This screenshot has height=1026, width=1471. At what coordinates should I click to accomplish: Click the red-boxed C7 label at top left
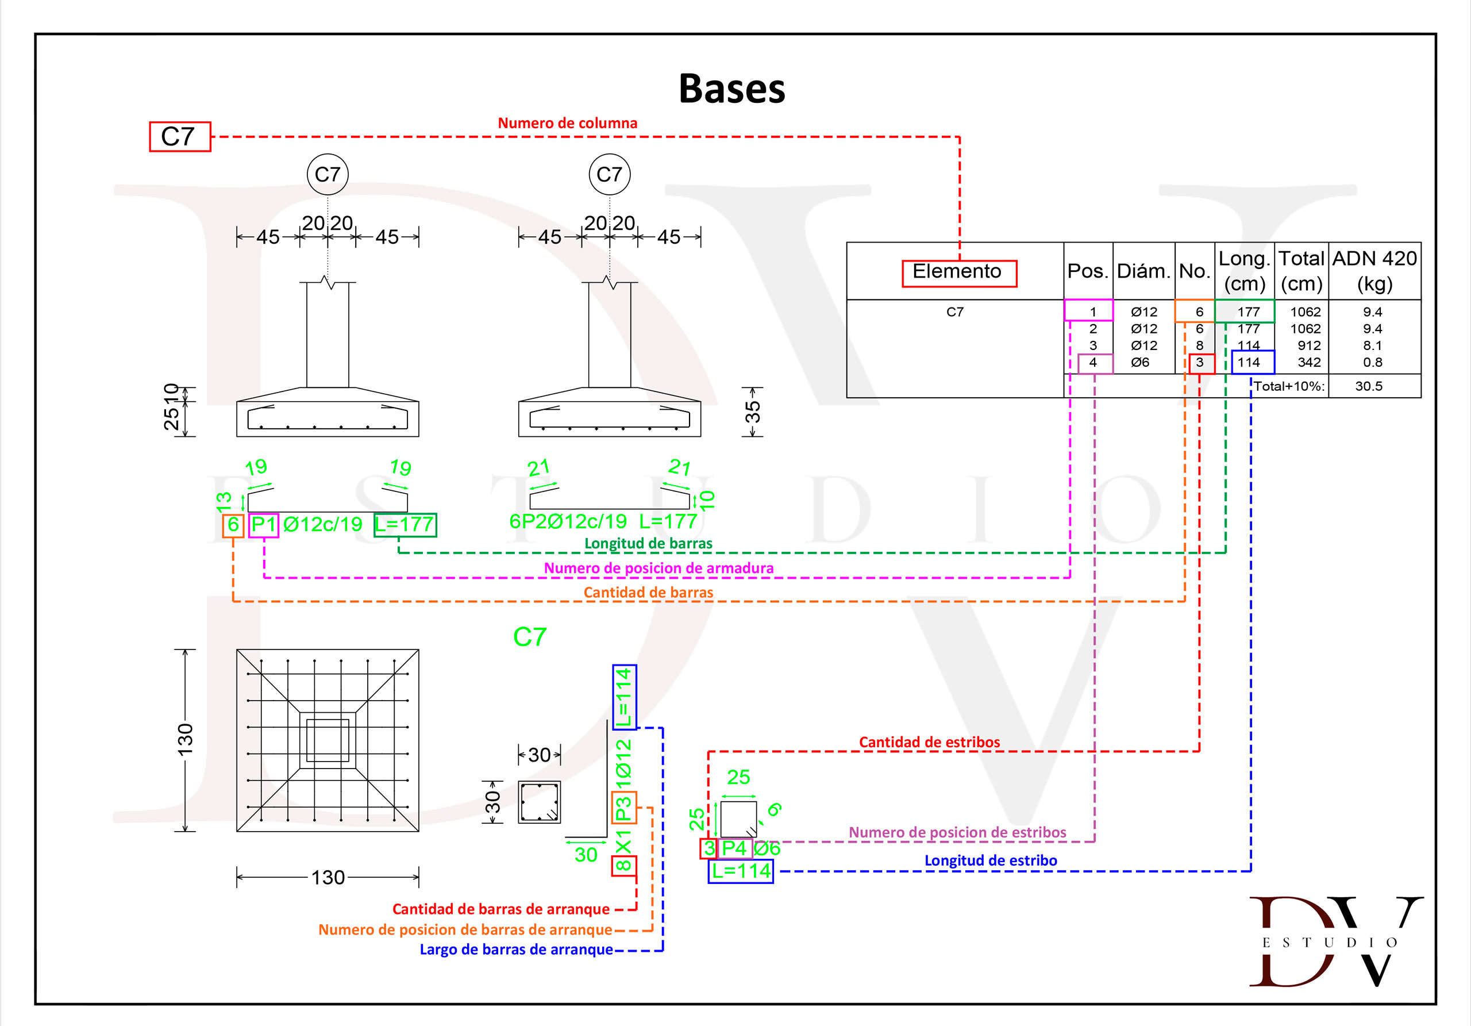(x=179, y=136)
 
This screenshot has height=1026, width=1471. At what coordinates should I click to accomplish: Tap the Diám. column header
(x=1143, y=272)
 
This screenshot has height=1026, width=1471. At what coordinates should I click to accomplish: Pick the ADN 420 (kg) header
(x=1374, y=271)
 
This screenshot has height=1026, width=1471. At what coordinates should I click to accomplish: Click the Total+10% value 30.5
(x=1369, y=386)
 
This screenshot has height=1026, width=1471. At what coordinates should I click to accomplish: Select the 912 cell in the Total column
(x=1309, y=345)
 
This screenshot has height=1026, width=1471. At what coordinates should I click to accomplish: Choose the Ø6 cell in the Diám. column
(x=1141, y=362)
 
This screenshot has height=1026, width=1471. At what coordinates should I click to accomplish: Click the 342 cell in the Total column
(x=1309, y=362)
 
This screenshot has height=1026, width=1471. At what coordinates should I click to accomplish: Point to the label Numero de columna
(x=568, y=123)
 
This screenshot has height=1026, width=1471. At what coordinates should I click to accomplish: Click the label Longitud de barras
(x=648, y=543)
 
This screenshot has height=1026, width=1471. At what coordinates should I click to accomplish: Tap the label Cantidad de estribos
(x=929, y=742)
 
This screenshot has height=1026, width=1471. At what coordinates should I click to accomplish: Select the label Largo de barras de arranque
(x=517, y=950)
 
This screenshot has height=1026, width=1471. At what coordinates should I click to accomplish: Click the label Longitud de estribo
(x=991, y=860)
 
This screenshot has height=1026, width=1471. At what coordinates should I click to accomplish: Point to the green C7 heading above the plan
(x=530, y=637)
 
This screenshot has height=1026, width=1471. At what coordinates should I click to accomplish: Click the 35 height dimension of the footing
(x=753, y=412)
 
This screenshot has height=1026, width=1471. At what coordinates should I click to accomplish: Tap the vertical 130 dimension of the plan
(x=185, y=740)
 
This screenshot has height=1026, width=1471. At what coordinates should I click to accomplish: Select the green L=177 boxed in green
(x=405, y=525)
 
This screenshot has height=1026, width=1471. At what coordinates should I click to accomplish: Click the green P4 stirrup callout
(x=734, y=848)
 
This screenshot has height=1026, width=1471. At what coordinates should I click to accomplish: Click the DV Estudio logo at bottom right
(x=1335, y=941)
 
